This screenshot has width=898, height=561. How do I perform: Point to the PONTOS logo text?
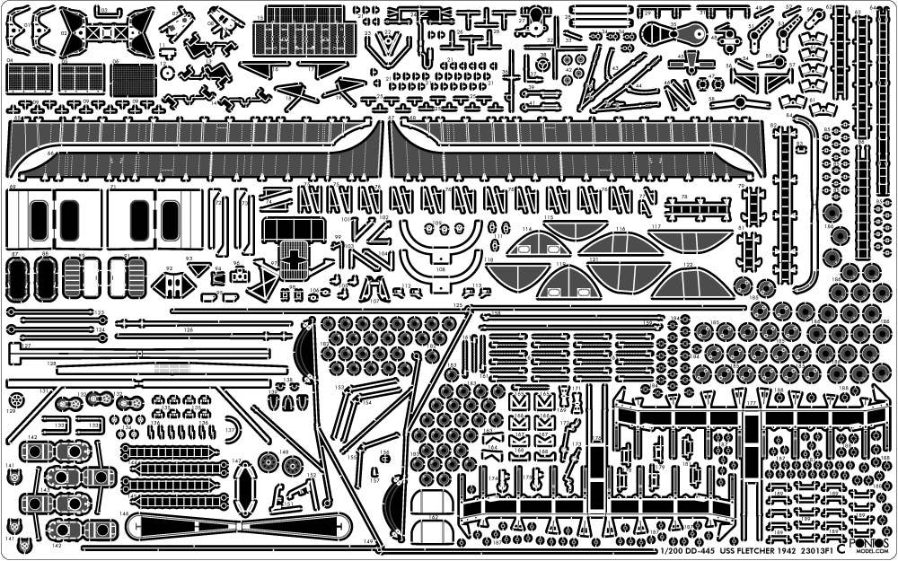coord(869,544)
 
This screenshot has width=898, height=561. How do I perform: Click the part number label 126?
coord(189,330)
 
